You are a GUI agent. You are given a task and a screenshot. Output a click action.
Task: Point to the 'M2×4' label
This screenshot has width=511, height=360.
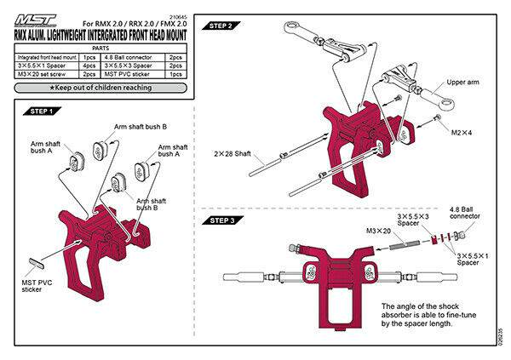462,134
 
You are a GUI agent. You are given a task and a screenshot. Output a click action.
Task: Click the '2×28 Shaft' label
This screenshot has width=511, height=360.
231,154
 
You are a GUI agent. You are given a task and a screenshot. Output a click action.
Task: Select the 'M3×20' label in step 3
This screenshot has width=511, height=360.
378,231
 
